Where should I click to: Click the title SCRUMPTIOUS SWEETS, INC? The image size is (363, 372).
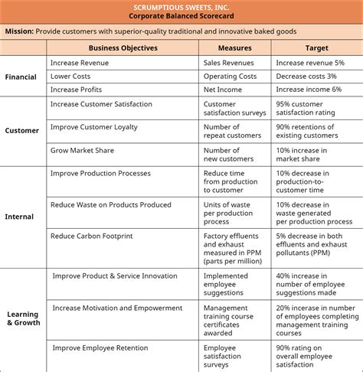click(x=182, y=6)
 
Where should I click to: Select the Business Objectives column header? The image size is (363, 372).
click(x=123, y=47)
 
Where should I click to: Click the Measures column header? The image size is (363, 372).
click(x=234, y=47)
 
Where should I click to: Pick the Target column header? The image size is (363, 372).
click(x=317, y=47)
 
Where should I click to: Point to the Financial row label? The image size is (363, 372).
click(x=21, y=77)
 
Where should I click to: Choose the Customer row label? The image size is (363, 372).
click(x=21, y=130)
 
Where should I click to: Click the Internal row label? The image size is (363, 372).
click(x=19, y=217)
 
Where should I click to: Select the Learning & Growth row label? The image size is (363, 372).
click(x=23, y=318)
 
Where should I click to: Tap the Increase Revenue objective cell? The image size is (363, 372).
click(x=80, y=62)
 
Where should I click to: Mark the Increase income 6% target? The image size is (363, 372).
click(x=311, y=90)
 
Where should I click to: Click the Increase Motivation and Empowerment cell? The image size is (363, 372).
click(x=117, y=308)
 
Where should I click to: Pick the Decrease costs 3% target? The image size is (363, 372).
click(x=306, y=77)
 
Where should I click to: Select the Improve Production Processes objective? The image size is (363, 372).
click(x=100, y=174)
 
